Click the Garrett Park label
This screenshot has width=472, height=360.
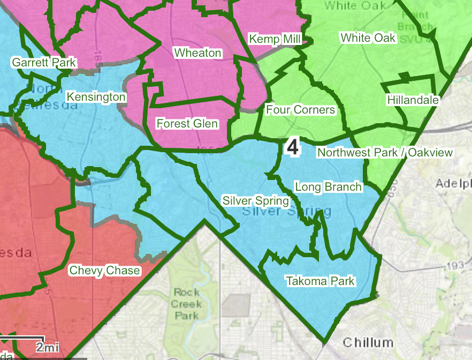pyautogui.click(x=44, y=63)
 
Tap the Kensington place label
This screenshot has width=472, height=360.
pyautogui.click(x=96, y=97)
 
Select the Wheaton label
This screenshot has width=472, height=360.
pyautogui.click(x=197, y=52)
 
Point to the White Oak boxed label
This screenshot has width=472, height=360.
pyautogui.click(x=368, y=37)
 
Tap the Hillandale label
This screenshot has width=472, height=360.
pyautogui.click(x=413, y=100)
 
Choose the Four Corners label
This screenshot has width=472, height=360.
pyautogui.click(x=300, y=110)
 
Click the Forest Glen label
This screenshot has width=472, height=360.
pyautogui.click(x=187, y=124)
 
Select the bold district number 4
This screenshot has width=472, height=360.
pyautogui.click(x=293, y=147)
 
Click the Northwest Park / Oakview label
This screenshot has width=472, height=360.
pyautogui.click(x=385, y=153)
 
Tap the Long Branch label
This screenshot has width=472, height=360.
pyautogui.click(x=329, y=187)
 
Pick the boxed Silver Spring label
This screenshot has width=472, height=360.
pyautogui.click(x=256, y=201)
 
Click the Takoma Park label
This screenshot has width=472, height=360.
pyautogui.click(x=320, y=281)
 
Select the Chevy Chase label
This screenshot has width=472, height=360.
pyautogui.click(x=105, y=270)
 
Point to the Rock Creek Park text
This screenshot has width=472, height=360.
pyautogui.click(x=187, y=304)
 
